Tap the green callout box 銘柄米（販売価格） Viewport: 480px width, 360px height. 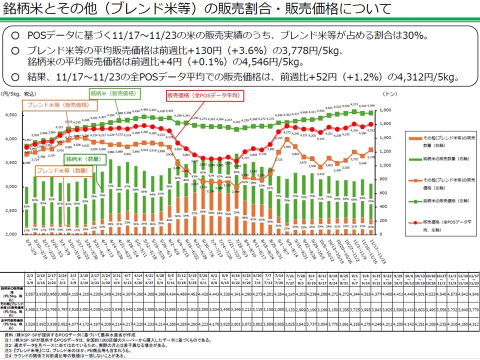114,93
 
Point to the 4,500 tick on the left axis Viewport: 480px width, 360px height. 11,115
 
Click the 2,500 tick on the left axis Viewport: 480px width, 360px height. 11,210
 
